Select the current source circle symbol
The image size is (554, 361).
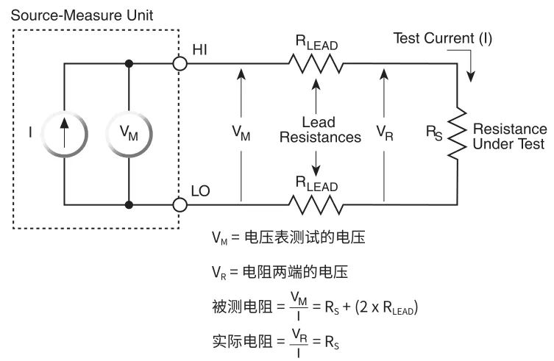coord(64,133)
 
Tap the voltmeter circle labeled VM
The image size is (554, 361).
coord(129,133)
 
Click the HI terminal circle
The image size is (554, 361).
coord(180,64)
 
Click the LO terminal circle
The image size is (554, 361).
coord(180,202)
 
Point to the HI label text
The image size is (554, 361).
coord(200,49)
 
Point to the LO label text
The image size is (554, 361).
coord(201,190)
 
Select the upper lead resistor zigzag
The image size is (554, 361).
coord(316,64)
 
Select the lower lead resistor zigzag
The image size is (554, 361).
coord(316,203)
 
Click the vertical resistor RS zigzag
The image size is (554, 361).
coord(458,133)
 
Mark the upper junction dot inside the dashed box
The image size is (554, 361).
coord(129,64)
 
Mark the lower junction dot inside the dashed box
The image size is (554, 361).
coord(129,203)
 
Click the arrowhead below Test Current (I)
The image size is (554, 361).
coord(472,76)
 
